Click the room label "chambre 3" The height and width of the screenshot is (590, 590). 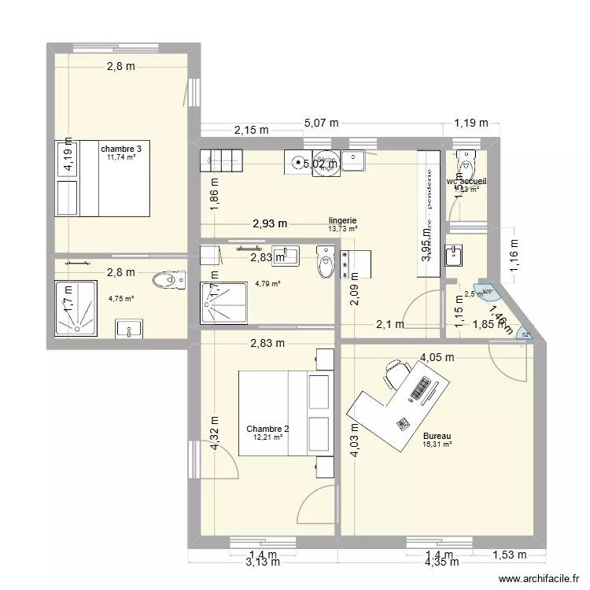[x=120, y=148]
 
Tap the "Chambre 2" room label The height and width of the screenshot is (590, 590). [x=267, y=429]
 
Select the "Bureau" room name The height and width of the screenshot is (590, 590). [x=437, y=436]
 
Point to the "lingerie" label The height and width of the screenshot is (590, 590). [x=343, y=221]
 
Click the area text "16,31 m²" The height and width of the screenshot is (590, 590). [x=437, y=444]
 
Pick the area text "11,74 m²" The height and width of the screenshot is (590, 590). [x=120, y=157]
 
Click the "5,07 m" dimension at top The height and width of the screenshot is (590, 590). [x=321, y=123]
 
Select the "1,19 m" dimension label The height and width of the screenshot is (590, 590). [x=471, y=123]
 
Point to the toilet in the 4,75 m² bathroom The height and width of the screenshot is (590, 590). [x=168, y=278]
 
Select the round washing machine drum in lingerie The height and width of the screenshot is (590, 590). [x=299, y=163]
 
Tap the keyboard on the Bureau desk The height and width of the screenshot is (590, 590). [x=423, y=388]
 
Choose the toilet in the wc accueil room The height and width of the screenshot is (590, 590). [x=467, y=164]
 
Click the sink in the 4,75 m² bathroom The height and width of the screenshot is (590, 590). [x=127, y=327]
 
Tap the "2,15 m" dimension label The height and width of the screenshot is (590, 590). [x=252, y=131]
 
